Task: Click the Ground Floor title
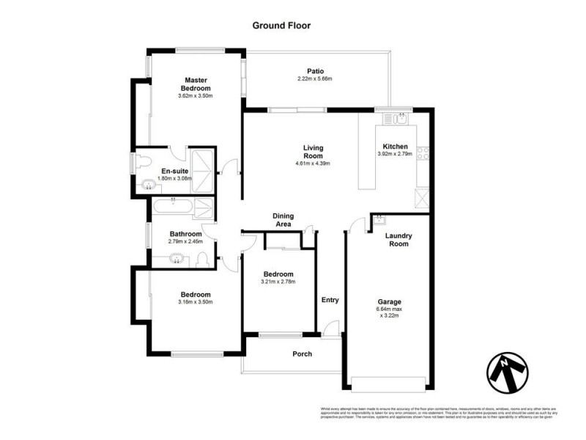(281, 25)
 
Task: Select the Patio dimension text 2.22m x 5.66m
(315, 79)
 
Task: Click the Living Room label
(314, 152)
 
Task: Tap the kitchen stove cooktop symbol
(423, 154)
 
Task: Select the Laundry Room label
(399, 240)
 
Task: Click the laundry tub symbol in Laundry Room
(379, 219)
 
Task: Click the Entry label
(330, 300)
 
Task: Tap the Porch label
(303, 354)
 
